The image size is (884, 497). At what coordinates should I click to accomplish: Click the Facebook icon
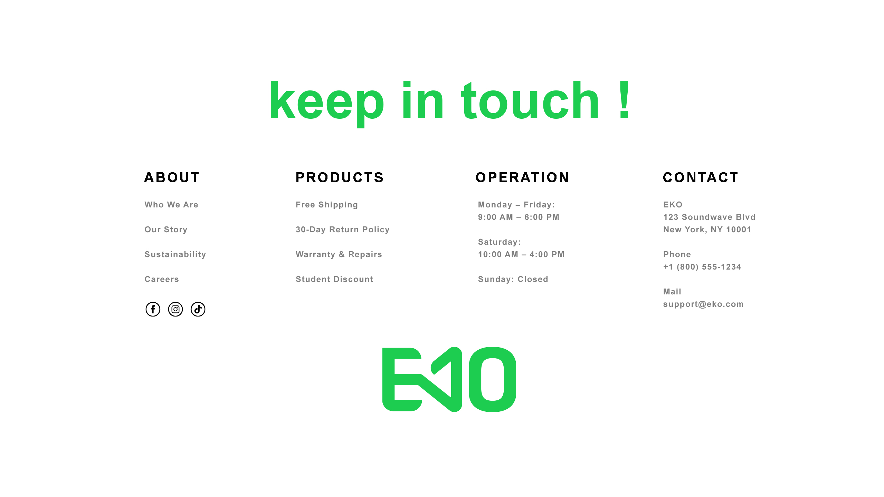point(153,309)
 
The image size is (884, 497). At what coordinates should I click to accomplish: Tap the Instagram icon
point(175,309)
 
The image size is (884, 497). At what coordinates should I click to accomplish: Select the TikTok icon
point(198,309)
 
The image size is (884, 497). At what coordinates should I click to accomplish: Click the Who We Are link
point(171,205)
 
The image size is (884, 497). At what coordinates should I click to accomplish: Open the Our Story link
point(166,230)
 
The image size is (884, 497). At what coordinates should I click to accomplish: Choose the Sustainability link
point(175,254)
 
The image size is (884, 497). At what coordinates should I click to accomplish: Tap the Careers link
point(162,279)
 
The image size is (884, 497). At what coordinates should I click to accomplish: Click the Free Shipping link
point(327,205)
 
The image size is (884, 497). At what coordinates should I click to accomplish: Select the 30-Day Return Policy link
point(343,230)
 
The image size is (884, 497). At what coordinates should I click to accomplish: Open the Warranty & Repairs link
point(339,254)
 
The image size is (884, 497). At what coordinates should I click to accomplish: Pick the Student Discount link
point(334,279)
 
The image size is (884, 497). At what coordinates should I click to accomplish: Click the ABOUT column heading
point(172,177)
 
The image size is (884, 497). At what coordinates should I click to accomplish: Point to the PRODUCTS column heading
point(340,177)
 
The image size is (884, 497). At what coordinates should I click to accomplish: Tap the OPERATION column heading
point(522,177)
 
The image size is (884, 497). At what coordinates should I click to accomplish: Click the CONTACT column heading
point(701,177)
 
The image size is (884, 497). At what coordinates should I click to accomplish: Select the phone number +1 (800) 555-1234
point(702,267)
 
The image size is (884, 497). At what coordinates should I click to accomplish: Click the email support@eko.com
point(703,304)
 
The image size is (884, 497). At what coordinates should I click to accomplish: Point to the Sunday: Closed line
point(513,279)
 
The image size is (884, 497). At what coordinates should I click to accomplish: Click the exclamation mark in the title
point(624,100)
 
